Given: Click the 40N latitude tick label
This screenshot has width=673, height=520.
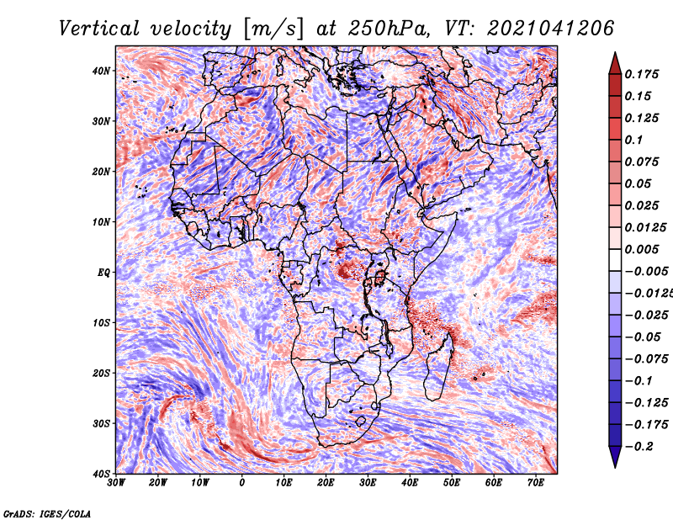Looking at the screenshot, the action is [101, 71].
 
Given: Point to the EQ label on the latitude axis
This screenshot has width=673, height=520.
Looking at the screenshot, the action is [103, 273].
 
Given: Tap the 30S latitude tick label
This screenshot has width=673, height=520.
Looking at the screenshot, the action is [101, 423].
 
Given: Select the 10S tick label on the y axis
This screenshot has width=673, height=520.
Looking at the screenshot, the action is [101, 322].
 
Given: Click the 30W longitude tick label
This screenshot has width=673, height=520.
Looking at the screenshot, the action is [116, 483].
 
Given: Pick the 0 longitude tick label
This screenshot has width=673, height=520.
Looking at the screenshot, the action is [242, 483].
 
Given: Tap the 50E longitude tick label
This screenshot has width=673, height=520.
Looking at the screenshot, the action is [452, 483].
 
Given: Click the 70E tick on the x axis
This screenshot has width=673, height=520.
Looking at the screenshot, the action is [536, 483].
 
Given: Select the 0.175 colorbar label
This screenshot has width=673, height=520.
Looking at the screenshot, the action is [641, 74].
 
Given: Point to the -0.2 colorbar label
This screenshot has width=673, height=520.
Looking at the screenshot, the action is [639, 447].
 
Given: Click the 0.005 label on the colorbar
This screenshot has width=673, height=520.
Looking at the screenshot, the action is [641, 249].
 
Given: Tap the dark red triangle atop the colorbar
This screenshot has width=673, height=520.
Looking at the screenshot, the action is [615, 65].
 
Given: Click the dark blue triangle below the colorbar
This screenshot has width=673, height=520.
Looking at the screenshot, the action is [615, 456].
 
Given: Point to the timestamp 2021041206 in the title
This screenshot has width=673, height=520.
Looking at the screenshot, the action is [551, 29].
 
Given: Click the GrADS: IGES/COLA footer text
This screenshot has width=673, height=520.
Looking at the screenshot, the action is [47, 513].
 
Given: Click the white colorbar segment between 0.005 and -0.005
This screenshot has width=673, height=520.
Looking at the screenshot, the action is [615, 260].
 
